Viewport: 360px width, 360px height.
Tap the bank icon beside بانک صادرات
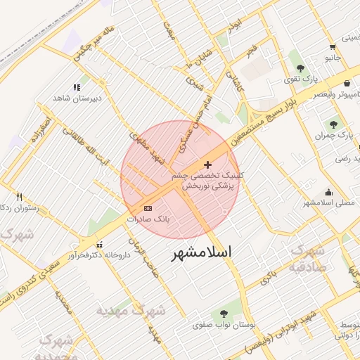(x=148, y=208)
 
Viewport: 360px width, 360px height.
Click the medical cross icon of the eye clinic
(x=207, y=164)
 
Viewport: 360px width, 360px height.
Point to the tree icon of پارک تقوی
(x=301, y=68)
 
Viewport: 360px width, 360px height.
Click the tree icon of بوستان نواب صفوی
(x=224, y=314)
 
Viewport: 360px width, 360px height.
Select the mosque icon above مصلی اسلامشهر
(x=328, y=192)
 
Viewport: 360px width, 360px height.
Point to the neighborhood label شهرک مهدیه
(x=140, y=309)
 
